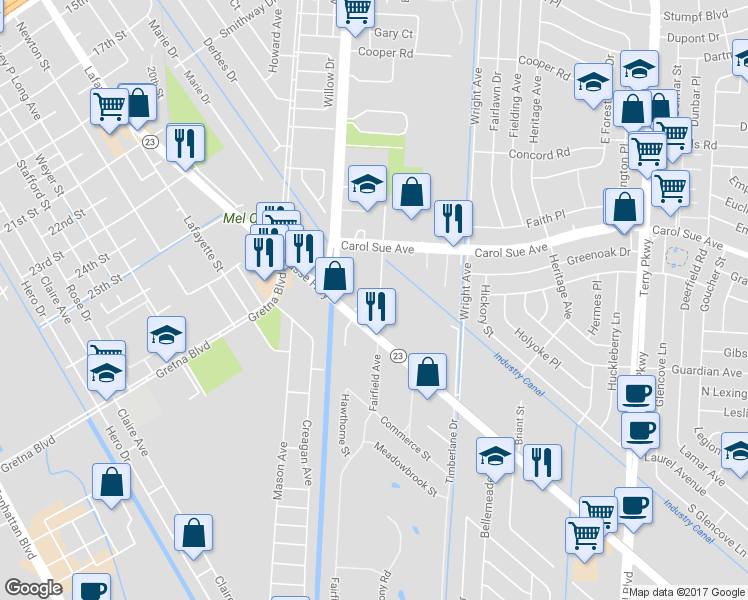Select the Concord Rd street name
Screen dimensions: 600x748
(537, 154)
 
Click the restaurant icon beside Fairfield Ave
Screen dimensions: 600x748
(376, 306)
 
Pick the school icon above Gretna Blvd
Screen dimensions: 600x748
(167, 335)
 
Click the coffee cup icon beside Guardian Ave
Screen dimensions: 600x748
(637, 392)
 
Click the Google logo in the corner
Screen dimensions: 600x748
(32, 588)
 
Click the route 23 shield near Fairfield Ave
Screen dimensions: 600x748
(397, 356)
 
